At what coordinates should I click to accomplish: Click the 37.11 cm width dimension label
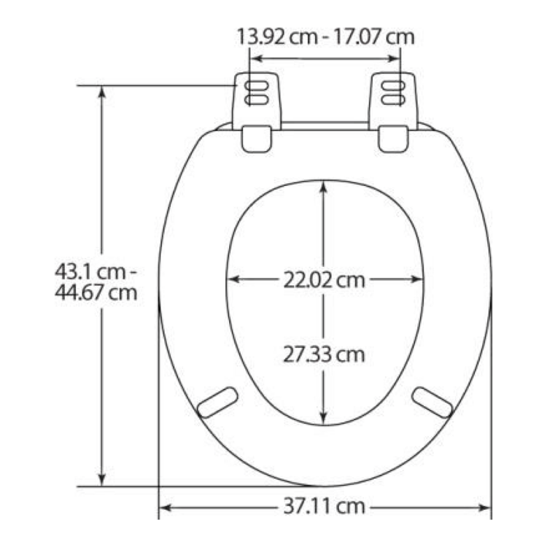324,507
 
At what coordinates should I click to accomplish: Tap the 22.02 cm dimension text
324,280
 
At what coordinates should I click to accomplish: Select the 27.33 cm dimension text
324,354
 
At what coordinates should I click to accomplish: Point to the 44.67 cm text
96,293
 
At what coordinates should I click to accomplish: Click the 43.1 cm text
90,272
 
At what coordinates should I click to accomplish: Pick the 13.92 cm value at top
277,36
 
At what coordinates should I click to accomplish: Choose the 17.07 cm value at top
374,36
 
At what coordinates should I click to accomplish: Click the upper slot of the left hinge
257,86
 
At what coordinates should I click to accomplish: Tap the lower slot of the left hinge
257,101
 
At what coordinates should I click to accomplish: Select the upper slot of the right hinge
393,86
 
